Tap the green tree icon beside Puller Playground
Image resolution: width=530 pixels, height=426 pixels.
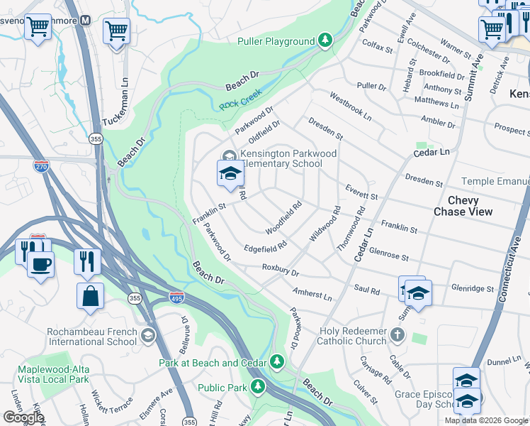coord(325,40)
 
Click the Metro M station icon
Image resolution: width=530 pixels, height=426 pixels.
coord(85,20)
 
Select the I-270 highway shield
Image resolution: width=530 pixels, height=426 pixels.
coord(41,165)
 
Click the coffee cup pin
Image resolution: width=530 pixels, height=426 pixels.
coord(40,264)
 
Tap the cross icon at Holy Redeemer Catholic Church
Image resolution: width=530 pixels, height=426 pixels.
coord(398,334)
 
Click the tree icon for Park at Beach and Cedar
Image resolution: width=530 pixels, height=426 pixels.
coord(278,363)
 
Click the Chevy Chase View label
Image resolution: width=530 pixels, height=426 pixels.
coord(473,207)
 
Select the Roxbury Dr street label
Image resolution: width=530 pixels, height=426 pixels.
coord(281,271)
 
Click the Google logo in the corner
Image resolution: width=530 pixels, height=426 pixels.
coord(23,417)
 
